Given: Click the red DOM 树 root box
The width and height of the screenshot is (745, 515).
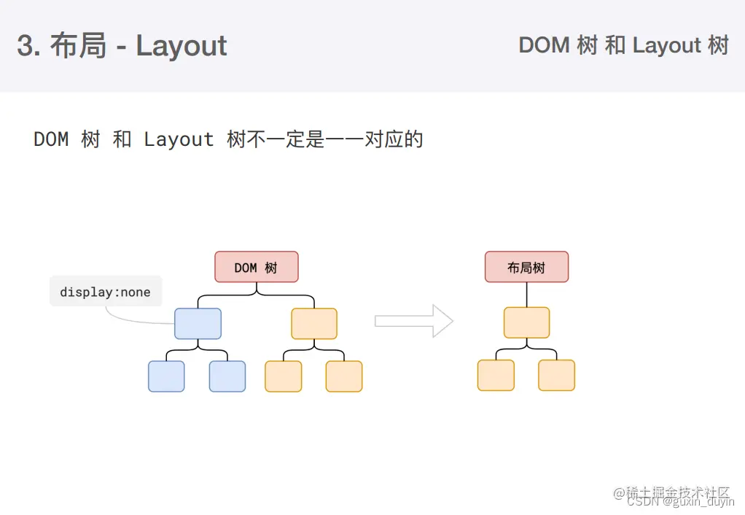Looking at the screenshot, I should click(x=257, y=267).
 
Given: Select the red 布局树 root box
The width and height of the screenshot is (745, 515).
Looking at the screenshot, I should click(x=526, y=267).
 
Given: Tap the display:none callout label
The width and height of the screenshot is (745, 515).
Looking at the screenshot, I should click(x=105, y=292).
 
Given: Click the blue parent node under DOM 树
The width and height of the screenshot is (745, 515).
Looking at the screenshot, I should click(x=198, y=323).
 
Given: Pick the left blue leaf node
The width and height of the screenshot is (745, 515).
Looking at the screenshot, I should click(x=166, y=376).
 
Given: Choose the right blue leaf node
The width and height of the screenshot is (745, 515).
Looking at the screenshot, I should click(x=227, y=376).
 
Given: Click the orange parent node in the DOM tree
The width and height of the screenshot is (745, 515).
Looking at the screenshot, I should click(x=314, y=323).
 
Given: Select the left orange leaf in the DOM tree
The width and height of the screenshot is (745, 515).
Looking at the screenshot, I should click(x=284, y=376).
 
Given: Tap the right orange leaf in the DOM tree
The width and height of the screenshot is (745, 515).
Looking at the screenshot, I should click(x=344, y=376).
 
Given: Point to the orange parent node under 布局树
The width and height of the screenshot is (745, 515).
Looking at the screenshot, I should click(x=526, y=322).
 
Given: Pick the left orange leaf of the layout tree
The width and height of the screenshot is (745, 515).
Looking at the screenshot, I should click(x=496, y=375).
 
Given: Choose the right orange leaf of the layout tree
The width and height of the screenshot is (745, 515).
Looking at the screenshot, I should click(x=557, y=375).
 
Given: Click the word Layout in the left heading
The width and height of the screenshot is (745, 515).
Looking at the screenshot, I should click(x=182, y=46).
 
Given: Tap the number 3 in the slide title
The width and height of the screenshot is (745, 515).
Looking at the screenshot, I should click(x=25, y=46).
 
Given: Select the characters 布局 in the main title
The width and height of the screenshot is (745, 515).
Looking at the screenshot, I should click(x=78, y=46).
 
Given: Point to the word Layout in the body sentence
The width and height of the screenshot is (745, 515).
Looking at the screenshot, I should click(x=179, y=139).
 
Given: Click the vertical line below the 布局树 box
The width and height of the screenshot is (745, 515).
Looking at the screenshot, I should click(x=526, y=295).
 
